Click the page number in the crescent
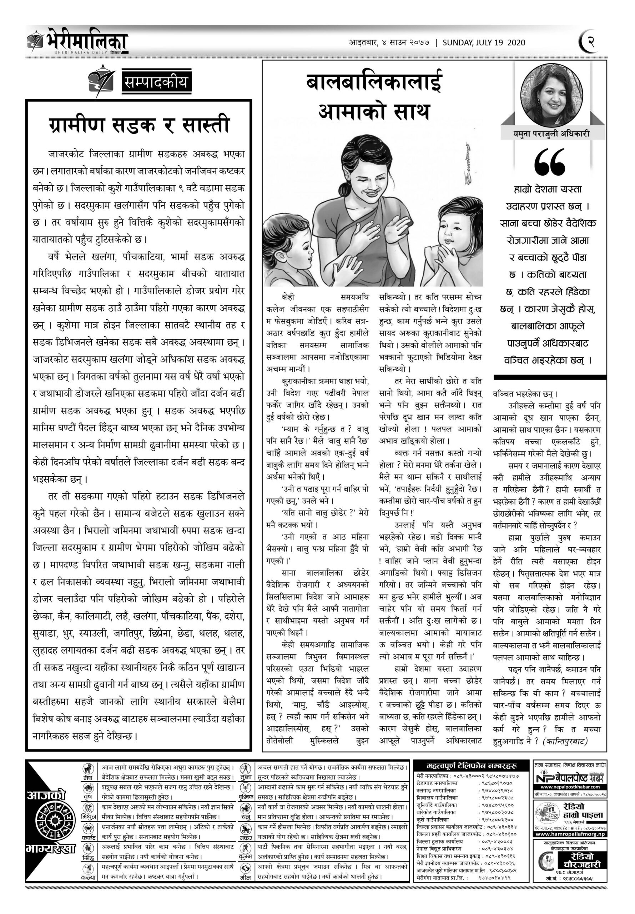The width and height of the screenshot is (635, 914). click(590, 41)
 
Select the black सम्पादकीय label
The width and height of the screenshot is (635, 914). click(156, 82)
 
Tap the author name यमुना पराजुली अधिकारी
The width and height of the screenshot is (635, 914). click(551, 135)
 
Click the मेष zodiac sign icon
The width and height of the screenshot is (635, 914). click(87, 769)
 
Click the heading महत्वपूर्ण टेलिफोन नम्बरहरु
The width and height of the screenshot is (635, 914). click(471, 766)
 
